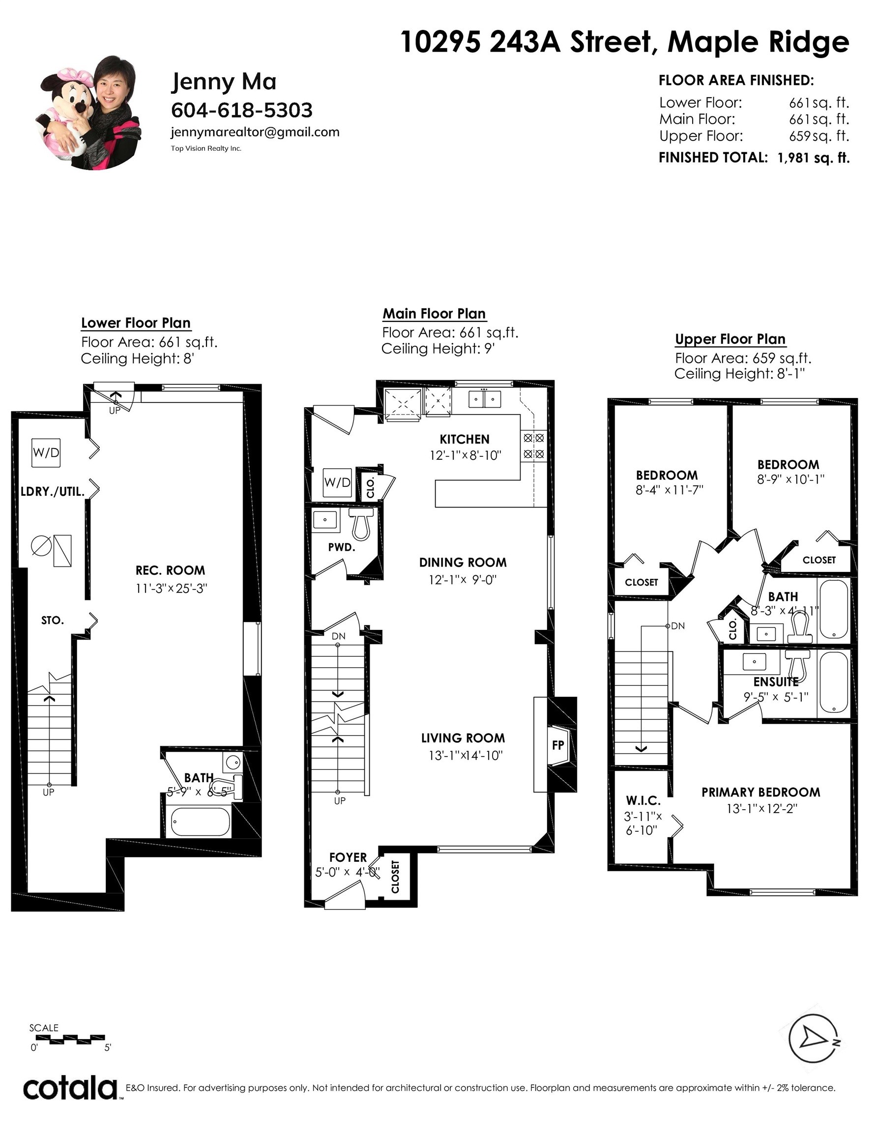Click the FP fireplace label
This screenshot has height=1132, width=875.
click(557, 745)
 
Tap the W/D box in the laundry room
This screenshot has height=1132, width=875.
click(46, 453)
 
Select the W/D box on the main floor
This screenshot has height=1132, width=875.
click(337, 482)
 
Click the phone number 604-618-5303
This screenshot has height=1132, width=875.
click(242, 110)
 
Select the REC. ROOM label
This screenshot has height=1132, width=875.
click(170, 570)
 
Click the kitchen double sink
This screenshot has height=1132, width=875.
click(484, 399)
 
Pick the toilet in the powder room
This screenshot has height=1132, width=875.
click(360, 523)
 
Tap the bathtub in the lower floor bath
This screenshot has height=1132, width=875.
click(200, 821)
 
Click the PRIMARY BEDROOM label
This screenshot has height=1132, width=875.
click(761, 792)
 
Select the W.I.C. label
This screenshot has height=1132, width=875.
click(643, 801)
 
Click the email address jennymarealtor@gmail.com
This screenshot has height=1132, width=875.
click(255, 132)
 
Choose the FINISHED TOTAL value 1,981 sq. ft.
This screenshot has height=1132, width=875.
click(813, 158)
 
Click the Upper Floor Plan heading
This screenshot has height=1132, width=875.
click(730, 339)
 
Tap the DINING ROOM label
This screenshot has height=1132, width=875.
click(463, 563)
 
